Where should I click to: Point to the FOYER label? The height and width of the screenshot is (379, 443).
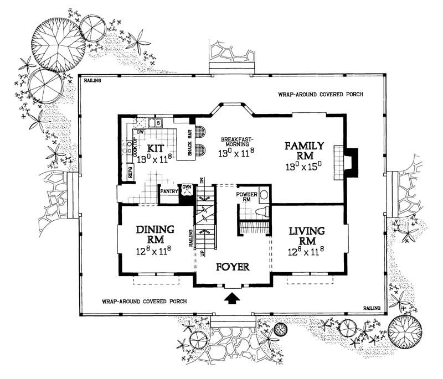click(x=233, y=267)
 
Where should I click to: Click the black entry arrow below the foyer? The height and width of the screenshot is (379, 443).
click(x=233, y=298)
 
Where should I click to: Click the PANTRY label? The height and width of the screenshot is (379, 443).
click(x=168, y=191)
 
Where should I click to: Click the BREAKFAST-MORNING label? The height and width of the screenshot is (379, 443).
click(x=236, y=142)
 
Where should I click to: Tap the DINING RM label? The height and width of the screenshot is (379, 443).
click(x=155, y=235)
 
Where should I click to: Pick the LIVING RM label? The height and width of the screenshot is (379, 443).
click(x=306, y=235)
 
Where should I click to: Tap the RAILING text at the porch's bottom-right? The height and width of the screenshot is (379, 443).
click(x=372, y=308)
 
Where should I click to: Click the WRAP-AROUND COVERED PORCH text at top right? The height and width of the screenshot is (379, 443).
click(x=321, y=95)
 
